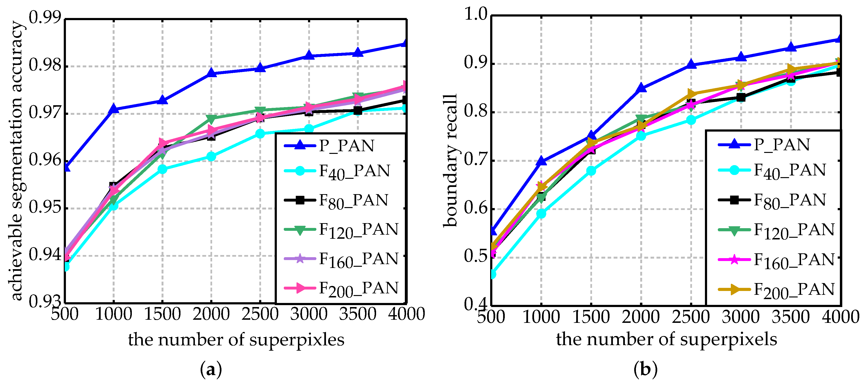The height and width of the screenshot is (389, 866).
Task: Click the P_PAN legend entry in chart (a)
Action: click(346, 145)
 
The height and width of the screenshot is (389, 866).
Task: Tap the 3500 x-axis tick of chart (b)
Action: click(791, 317)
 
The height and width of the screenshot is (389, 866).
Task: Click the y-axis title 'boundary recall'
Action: click(450, 161)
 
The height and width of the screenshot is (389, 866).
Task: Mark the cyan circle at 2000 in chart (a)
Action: click(211, 156)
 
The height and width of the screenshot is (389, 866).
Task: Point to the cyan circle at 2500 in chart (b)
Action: click(691, 120)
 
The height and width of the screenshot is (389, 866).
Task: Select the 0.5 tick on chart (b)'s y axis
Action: click(475, 256)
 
